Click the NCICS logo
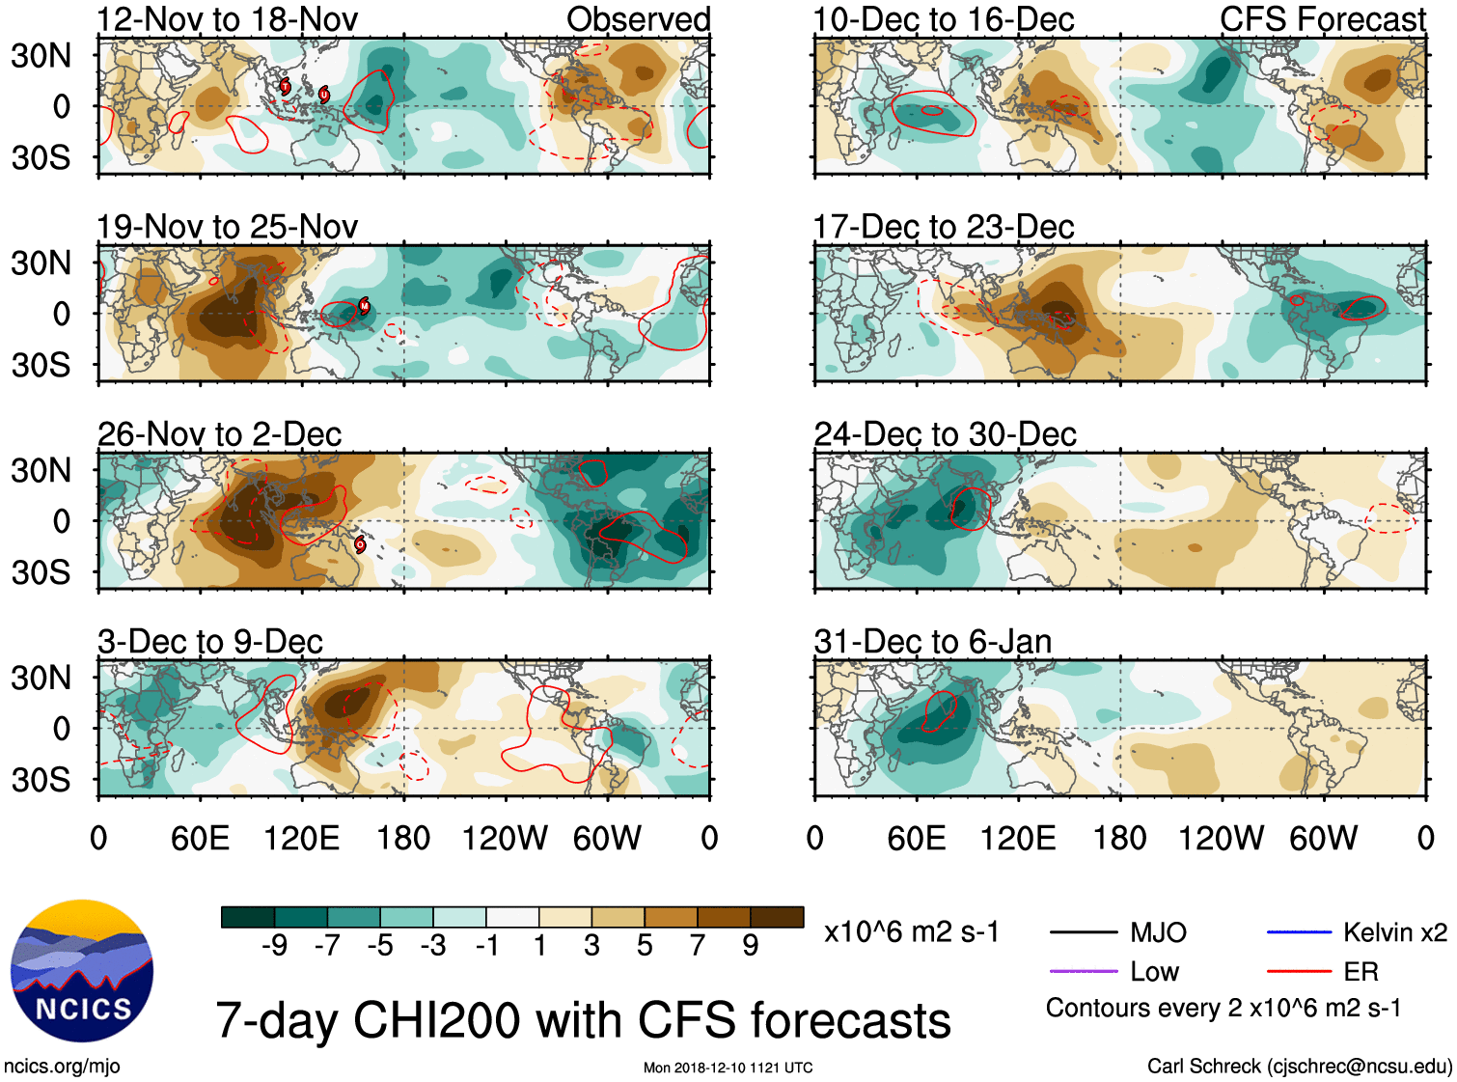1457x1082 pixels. pos(82,971)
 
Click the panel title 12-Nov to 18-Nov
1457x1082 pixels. pos(227,19)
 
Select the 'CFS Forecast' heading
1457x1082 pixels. pos(1322,19)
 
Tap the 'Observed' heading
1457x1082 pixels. pos(638,19)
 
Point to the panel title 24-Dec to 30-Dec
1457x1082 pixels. pos(945,434)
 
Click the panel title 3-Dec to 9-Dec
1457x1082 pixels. pos(209,642)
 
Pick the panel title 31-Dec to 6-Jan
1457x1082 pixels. pos(932,642)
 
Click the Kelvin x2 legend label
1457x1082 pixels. pos(1394,932)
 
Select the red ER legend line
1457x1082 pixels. pos(1299,971)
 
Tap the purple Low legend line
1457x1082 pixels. pos(1083,971)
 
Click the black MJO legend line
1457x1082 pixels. pos(1083,932)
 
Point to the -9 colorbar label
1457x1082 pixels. pos(274,945)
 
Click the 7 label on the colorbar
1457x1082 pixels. pos(698,945)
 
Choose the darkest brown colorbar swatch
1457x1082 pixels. pos(777,917)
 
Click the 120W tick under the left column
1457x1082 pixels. pos(505,838)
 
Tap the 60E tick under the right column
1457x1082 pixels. pos(916,838)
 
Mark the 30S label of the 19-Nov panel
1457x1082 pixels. pos(41,365)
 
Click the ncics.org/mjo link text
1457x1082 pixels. pos(62,1067)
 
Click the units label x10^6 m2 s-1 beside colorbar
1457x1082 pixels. pos(911,932)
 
